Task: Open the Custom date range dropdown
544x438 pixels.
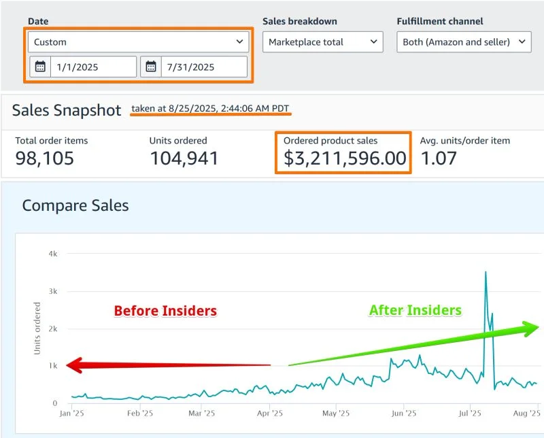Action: pos(139,42)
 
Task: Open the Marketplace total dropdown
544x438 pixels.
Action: pos(323,42)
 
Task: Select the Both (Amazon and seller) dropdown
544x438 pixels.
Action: pos(464,42)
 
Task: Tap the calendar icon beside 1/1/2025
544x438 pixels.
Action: pos(40,67)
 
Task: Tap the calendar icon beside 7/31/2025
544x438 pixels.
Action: pos(151,67)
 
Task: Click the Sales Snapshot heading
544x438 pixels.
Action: pos(67,111)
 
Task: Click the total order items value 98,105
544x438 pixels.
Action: pos(45,159)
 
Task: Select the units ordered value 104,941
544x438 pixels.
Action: pos(184,159)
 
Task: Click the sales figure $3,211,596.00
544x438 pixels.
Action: pos(345,159)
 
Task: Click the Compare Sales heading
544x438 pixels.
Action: pos(75,205)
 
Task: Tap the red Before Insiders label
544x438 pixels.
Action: pos(165,311)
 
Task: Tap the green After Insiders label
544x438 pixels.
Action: pos(415,311)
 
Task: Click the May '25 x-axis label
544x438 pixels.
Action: pos(335,413)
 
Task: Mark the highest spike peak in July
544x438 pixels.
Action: pos(486,272)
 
